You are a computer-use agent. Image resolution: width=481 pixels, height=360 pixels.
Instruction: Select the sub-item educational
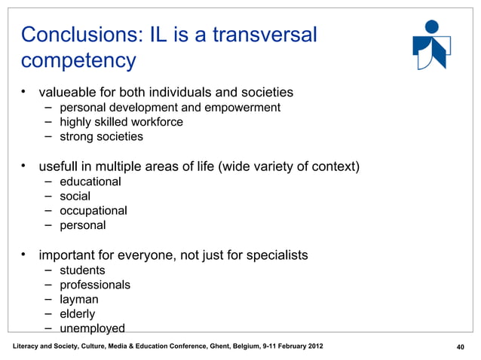[90, 182]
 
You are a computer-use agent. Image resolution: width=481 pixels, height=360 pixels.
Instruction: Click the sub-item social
[75, 196]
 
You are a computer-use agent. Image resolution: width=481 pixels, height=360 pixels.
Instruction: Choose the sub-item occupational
[93, 210]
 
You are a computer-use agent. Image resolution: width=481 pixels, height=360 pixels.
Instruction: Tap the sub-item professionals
[95, 285]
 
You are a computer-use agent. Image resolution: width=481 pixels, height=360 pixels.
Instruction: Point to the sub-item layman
[79, 299]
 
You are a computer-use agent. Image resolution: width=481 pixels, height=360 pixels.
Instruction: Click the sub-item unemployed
[92, 328]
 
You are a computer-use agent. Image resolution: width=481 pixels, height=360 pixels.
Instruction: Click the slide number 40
[455, 346]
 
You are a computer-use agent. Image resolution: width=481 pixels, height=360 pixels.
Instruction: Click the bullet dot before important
[25, 255]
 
